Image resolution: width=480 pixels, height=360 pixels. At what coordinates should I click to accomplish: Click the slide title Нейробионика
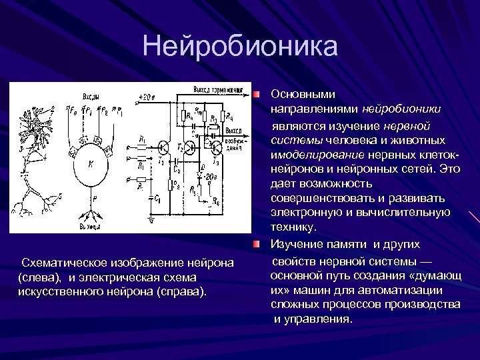(x=240, y=47)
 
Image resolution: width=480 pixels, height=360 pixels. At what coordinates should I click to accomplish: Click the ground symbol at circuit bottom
(x=152, y=219)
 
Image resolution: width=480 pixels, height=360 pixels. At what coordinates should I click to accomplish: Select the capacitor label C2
(x=175, y=170)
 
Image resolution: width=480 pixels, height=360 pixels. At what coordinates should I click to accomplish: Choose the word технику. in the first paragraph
(x=293, y=227)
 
